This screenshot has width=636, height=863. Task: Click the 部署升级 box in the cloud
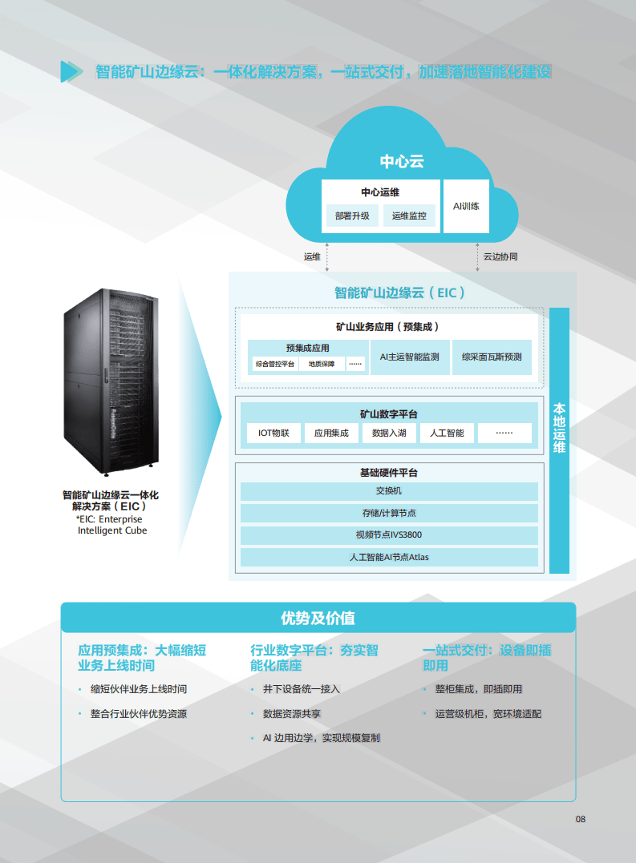pos(352,216)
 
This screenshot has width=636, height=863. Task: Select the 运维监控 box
pos(409,216)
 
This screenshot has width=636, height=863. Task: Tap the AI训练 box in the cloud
pos(466,206)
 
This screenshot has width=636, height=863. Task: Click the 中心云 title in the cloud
pos(401,161)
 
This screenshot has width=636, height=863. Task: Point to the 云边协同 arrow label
pos(500,257)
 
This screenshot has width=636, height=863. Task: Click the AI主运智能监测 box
pos(409,357)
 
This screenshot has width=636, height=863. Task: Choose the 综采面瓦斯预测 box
pos(492,357)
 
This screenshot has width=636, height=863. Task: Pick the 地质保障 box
pos(322,364)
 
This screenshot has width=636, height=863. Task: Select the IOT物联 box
pos(273,434)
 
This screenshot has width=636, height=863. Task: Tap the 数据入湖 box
pos(389,434)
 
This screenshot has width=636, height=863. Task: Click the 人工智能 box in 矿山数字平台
pos(447,434)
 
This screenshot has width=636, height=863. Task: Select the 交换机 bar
pos(389,491)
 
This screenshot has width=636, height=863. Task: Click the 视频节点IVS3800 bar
pos(389,534)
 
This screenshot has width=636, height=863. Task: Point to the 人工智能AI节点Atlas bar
pos(389,557)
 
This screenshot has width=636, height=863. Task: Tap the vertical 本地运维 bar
pos(559,440)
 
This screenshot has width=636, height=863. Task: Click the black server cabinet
pos(111,383)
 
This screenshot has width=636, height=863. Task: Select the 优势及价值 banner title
pos(318,618)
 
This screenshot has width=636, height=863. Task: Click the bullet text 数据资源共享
pos(292,713)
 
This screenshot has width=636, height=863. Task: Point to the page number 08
pos(581,819)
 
